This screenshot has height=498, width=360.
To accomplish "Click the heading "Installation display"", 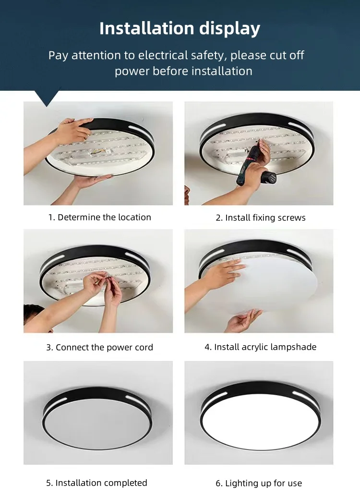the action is click(180, 29).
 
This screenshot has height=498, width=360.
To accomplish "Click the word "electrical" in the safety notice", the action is click(163, 55).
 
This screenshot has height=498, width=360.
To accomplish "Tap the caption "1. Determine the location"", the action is click(100, 217).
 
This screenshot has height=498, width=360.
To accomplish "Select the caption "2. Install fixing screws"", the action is click(261, 218).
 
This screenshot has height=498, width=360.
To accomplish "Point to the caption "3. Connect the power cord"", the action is click(100, 347).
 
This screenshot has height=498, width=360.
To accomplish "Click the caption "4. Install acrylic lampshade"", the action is click(261, 347).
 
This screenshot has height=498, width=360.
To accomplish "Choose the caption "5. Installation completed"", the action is click(96, 483).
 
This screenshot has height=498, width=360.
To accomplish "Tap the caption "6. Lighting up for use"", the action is click(259, 483).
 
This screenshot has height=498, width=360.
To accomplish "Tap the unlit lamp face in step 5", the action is click(97, 425).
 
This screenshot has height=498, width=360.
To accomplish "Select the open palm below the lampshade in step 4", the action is click(243, 321).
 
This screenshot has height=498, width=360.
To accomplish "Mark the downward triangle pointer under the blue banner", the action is click(48, 97).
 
